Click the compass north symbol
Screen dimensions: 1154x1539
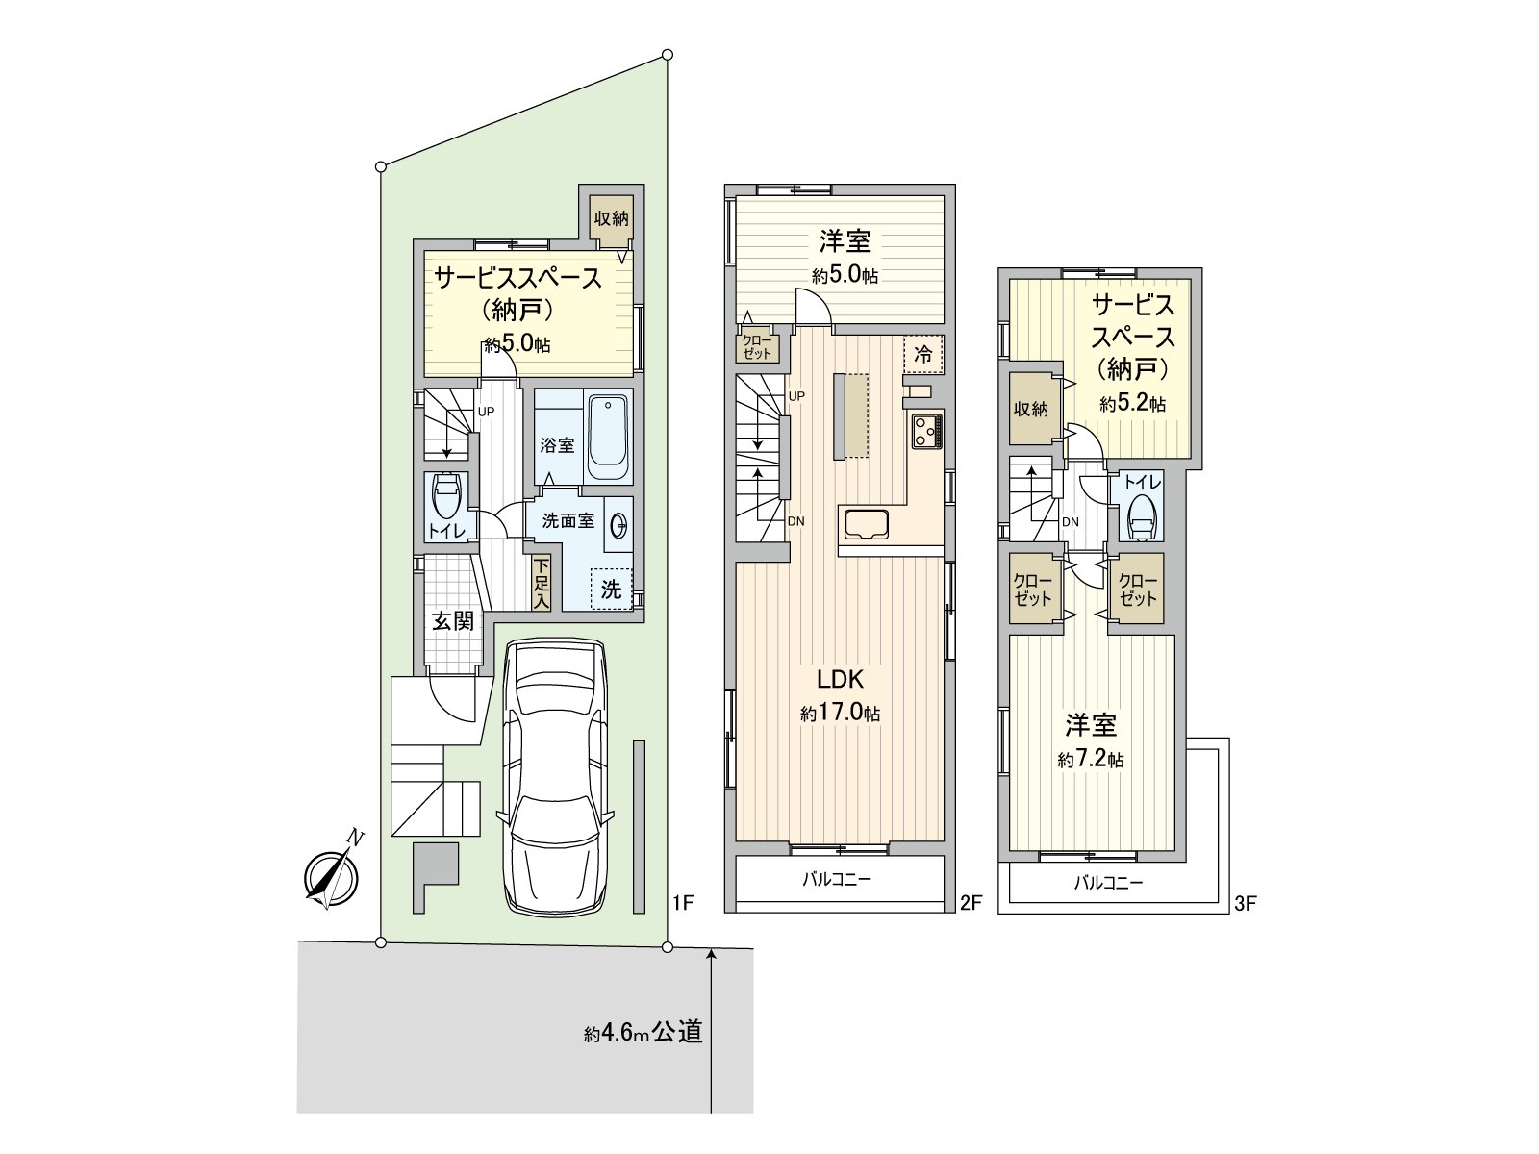(331, 876)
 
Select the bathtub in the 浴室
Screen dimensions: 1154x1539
(607, 439)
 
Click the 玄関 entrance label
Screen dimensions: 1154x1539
(451, 621)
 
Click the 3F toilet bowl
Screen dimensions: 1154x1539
(1142, 519)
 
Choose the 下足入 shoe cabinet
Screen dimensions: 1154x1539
(542, 583)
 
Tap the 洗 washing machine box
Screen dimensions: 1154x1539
(612, 588)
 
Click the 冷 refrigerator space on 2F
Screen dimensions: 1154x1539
(922, 354)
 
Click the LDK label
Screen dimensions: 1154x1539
(840, 680)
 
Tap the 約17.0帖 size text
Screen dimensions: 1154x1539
(840, 714)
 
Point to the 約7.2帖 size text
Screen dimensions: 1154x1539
(1090, 760)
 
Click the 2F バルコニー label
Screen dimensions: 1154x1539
(838, 879)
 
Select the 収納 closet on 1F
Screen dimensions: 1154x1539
(611, 218)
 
